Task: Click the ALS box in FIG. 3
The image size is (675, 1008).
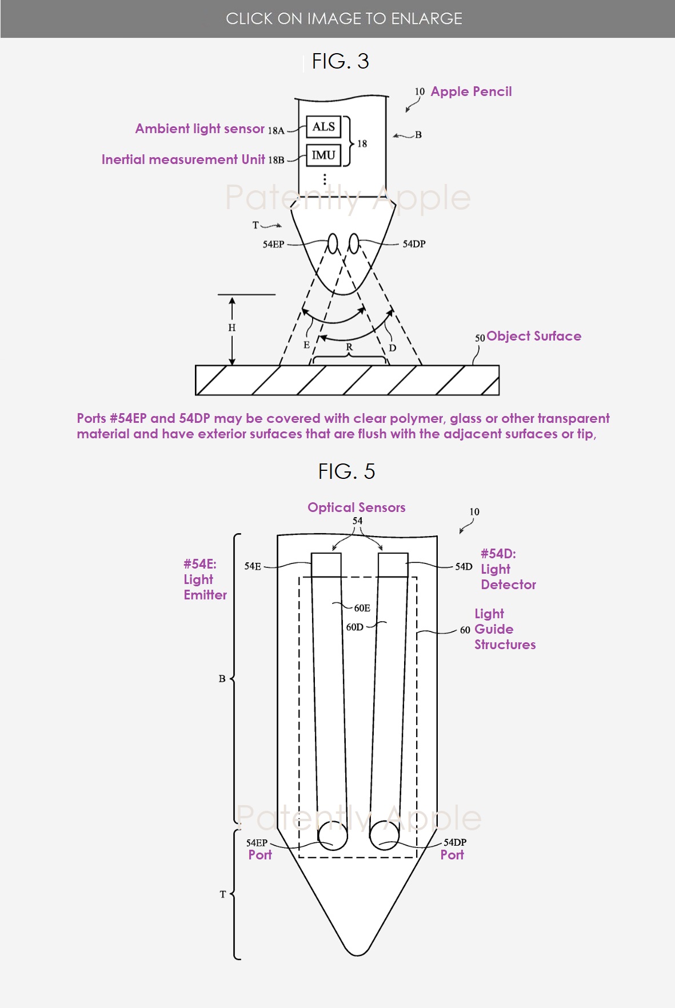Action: point(323,127)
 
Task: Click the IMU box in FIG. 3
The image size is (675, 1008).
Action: point(323,155)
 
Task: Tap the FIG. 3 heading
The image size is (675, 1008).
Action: point(341,61)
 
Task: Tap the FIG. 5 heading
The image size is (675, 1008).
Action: point(346,471)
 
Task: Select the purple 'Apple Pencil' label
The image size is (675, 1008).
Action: point(471,91)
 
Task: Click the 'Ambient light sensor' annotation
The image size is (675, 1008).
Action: point(200,129)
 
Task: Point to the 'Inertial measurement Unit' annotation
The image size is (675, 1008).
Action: point(183,159)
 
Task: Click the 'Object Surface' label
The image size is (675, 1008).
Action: point(534,336)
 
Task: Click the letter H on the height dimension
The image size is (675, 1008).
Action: point(231,328)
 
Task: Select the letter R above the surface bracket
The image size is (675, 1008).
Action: point(349,347)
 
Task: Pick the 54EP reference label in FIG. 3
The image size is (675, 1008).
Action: point(273,245)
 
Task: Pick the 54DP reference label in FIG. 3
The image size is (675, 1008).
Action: point(414,244)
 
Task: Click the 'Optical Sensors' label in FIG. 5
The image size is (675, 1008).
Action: point(357,507)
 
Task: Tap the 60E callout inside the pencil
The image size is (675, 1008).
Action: point(362,608)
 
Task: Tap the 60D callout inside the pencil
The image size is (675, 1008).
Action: point(354,627)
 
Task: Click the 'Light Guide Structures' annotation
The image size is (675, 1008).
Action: point(505,629)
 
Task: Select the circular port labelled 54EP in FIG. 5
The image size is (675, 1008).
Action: point(333,835)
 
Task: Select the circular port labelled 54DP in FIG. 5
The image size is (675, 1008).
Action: point(385,835)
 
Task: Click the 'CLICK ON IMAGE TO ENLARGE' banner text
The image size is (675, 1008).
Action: point(344,19)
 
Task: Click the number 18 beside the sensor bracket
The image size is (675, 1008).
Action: point(362,143)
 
